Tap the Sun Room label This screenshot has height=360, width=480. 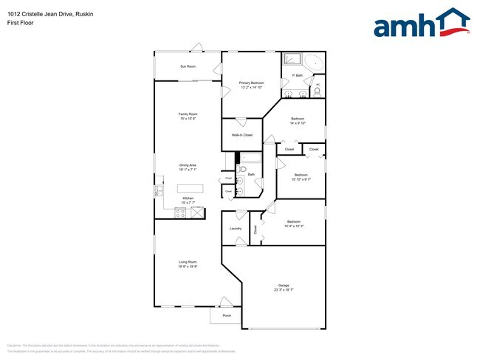(x=188, y=66)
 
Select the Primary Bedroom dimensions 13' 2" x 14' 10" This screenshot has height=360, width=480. (x=252, y=88)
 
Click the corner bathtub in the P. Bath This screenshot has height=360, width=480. (x=315, y=63)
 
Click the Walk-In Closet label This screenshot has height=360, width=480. (x=242, y=135)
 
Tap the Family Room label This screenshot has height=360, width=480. (x=188, y=114)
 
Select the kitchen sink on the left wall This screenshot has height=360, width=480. (x=159, y=191)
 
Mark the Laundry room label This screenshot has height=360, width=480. (x=236, y=228)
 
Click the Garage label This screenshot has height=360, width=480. (x=283, y=284)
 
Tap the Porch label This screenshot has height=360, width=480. (x=227, y=315)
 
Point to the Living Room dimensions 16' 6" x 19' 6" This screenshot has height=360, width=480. (x=188, y=266)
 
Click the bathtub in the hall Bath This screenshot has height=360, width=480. (x=249, y=159)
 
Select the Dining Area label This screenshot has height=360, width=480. (x=188, y=165)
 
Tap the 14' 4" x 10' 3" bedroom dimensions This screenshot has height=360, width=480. (x=294, y=225)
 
